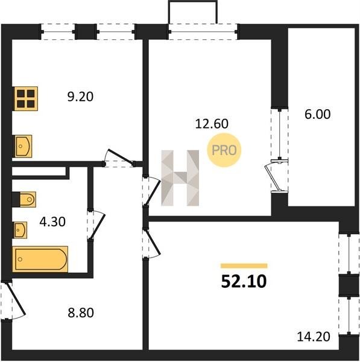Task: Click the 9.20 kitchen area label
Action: [x=80, y=97]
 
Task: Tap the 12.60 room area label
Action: [x=212, y=124]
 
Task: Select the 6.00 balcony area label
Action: [x=318, y=114]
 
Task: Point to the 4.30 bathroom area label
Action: [x=52, y=221]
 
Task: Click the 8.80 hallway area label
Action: [x=81, y=313]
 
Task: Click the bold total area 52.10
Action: [x=244, y=281]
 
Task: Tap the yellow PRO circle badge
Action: [x=224, y=150]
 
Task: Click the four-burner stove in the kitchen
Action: [x=25, y=98]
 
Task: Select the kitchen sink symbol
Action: [x=22, y=146]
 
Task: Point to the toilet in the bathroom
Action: [x=24, y=199]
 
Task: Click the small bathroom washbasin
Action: [x=20, y=230]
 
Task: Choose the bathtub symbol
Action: [x=40, y=259]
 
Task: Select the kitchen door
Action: [x=119, y=158]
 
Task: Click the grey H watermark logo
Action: [x=180, y=178]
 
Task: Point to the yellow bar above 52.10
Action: [x=244, y=265]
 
